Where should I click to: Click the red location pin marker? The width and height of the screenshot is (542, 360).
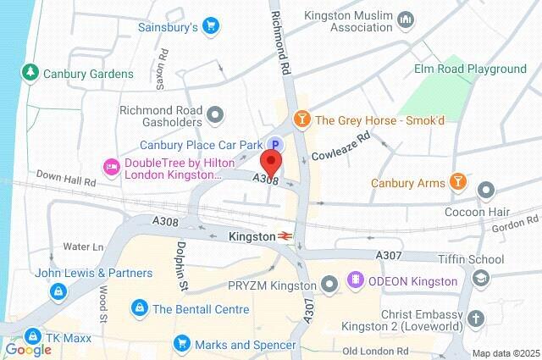click(x=271, y=161)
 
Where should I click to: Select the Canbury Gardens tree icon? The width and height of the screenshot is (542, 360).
click(x=32, y=74)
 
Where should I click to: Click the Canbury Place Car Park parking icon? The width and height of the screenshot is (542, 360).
click(x=276, y=144)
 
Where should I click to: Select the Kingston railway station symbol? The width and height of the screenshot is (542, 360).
click(x=288, y=237)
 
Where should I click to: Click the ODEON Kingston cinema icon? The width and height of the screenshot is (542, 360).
click(x=354, y=280)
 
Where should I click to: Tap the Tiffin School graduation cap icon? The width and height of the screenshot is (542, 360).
click(x=480, y=278)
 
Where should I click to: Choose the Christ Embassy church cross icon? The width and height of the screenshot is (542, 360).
click(x=477, y=318)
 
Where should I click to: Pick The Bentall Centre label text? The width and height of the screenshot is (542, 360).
click(x=193, y=308)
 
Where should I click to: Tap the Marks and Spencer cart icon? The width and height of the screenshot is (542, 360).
click(x=180, y=344)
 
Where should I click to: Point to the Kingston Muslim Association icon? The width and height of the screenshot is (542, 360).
click(x=406, y=19)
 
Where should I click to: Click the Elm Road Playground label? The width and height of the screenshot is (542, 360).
click(x=470, y=69)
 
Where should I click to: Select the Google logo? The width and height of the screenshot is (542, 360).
click(x=28, y=349)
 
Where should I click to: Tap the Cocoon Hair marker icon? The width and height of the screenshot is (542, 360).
click(x=486, y=189)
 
